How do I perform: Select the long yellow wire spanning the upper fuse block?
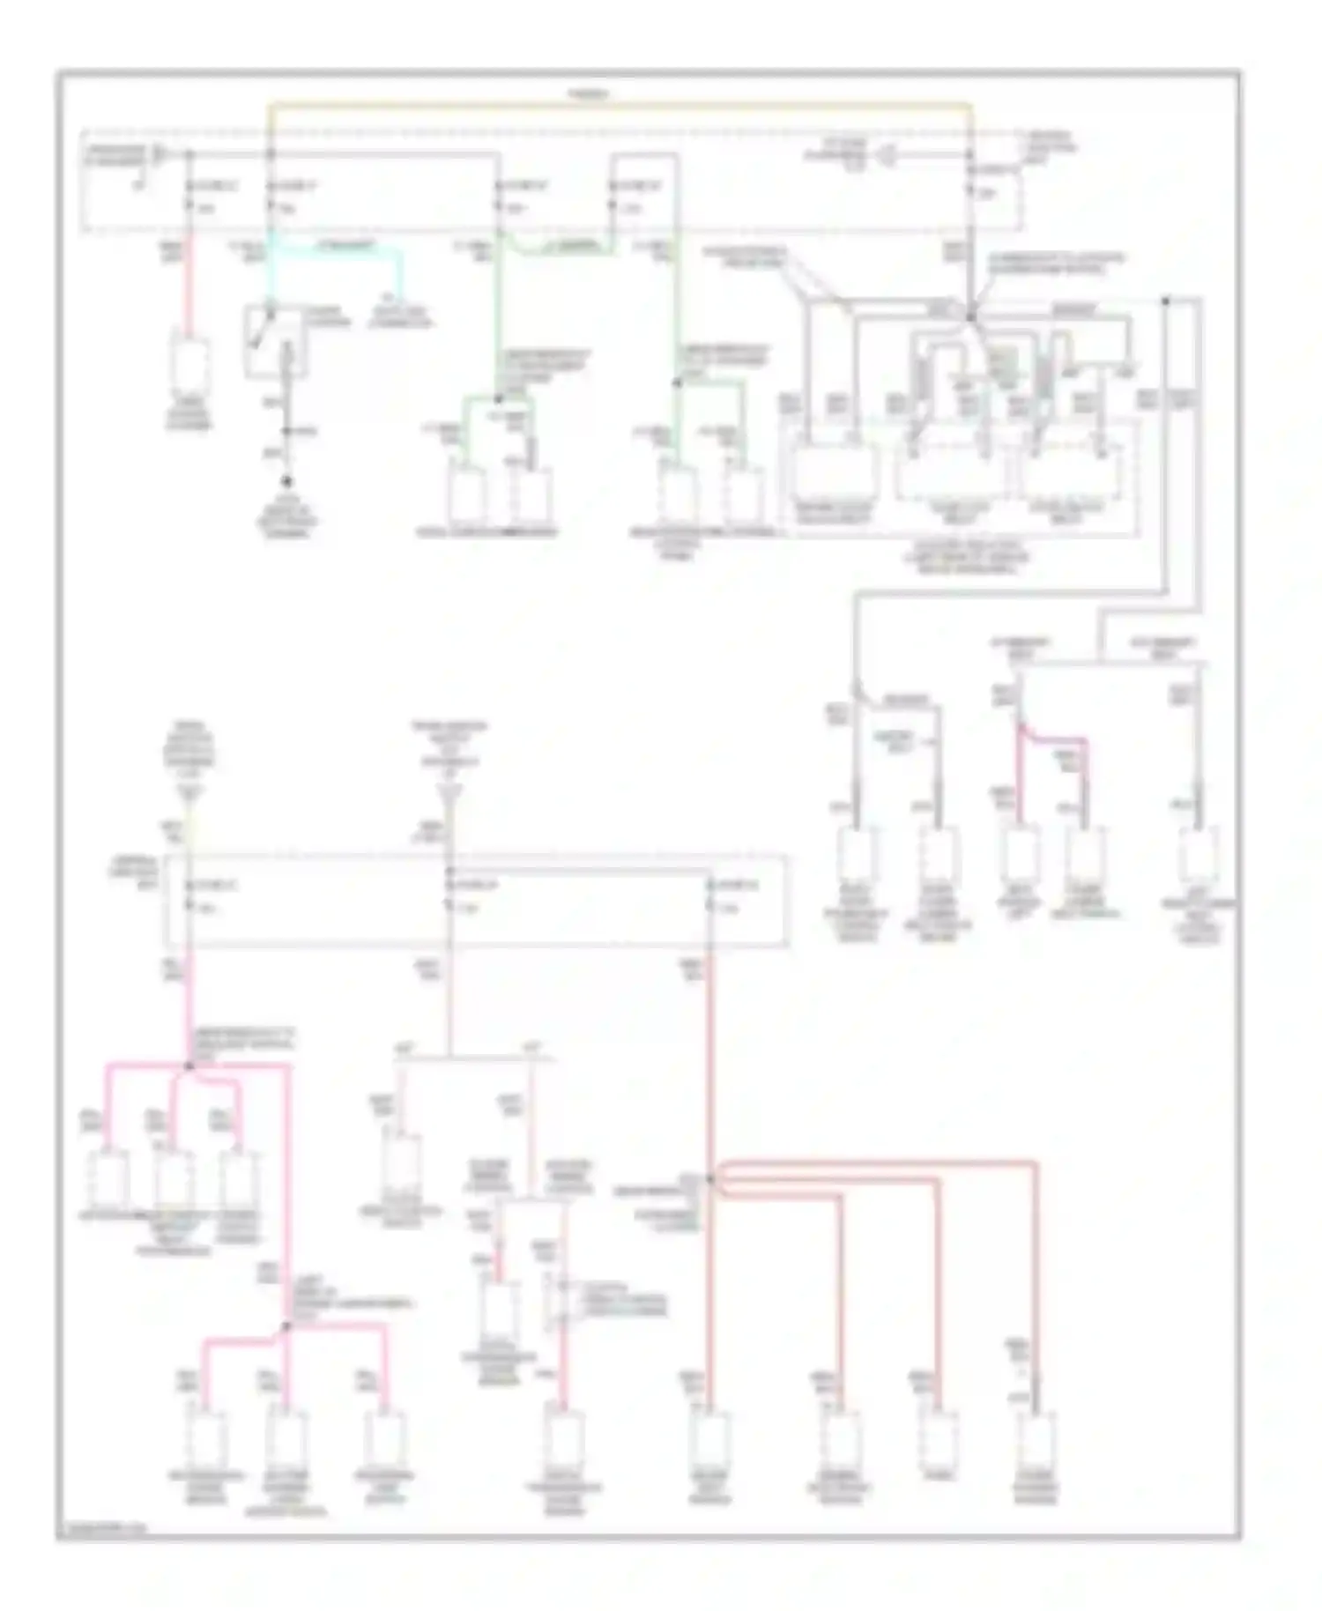point(617,106)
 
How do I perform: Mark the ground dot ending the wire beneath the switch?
point(286,482)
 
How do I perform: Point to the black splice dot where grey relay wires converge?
point(970,316)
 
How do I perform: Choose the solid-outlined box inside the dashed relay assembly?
point(834,473)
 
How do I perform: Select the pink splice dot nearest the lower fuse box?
point(189,1066)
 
